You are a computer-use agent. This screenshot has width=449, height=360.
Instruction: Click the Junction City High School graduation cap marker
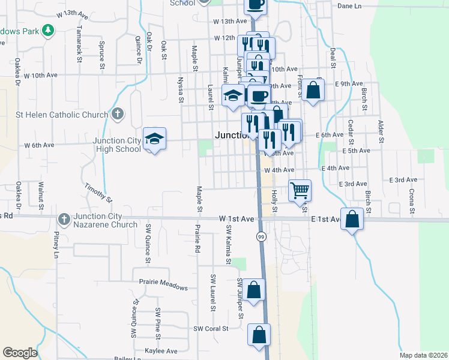(155, 139)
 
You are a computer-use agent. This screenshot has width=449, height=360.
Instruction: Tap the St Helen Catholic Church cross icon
(118, 114)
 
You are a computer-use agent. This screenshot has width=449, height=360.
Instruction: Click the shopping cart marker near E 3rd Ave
(300, 190)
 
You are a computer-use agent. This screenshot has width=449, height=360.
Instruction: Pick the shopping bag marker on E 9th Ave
(313, 90)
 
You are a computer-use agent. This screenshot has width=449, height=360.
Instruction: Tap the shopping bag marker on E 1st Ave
(352, 219)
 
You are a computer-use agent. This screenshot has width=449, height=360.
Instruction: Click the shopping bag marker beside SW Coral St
(259, 335)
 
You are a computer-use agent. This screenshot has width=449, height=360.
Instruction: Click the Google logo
(20, 353)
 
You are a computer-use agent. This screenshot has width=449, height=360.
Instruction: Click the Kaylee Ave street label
(161, 350)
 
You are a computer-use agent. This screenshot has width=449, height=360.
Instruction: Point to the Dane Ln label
(350, 5)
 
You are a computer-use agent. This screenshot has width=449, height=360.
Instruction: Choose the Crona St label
(412, 201)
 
